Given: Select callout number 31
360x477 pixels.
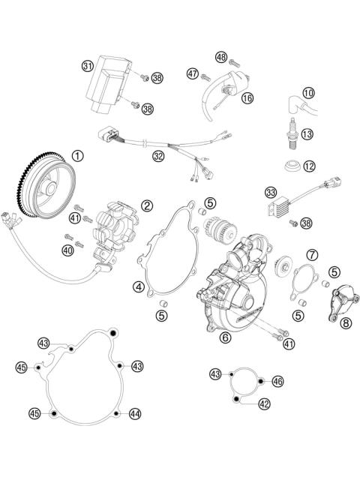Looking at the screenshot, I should coord(88,67).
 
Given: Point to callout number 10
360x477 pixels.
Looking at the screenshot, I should coord(308,93).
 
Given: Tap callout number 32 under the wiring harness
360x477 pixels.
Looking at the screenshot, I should coord(157,157).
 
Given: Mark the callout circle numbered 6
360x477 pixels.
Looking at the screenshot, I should coord(224,338).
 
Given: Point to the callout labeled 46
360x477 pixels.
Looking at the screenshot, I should coord(277,382).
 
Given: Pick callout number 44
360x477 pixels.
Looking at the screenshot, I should coord(135,412).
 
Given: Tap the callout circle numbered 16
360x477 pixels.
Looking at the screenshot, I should coord(247,97).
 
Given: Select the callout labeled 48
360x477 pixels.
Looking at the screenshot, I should coord(220,56).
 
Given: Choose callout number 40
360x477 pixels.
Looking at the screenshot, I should coord(68,250).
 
